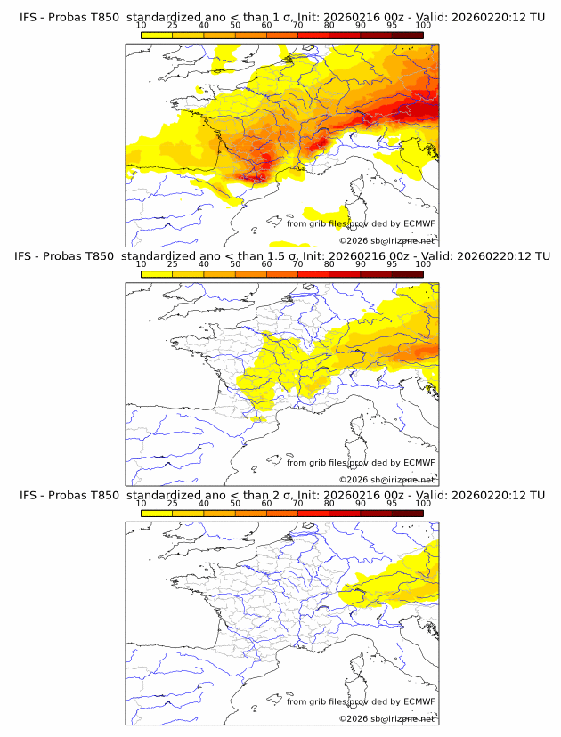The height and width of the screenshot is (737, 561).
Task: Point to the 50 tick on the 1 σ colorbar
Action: click(x=235, y=25)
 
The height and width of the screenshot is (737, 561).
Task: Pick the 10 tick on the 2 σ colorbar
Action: click(x=142, y=502)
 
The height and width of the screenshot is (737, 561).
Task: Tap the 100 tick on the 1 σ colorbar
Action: click(x=423, y=25)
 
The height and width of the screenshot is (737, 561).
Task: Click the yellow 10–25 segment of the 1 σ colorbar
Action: click(x=157, y=35)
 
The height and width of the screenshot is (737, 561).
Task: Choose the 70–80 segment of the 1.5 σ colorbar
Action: click(x=313, y=273)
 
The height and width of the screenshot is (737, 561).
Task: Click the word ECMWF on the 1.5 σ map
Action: click(x=419, y=463)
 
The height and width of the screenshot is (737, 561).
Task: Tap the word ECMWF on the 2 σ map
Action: click(x=419, y=701)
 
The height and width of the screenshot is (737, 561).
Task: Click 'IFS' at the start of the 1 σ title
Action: click(x=28, y=18)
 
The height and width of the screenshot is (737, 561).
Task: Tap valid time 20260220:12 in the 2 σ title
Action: click(x=490, y=495)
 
